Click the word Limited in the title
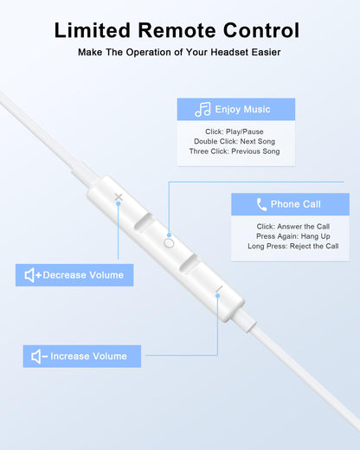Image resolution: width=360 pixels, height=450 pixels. [93, 30]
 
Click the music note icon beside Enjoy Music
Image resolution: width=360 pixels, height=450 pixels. [202, 110]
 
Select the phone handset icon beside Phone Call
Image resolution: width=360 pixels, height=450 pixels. [261, 204]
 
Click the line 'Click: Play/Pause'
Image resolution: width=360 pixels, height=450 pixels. [235, 132]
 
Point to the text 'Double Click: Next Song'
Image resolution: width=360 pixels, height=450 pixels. [235, 141]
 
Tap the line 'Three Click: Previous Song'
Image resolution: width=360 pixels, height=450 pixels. [235, 151]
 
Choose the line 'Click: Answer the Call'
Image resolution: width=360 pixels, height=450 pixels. [293, 227]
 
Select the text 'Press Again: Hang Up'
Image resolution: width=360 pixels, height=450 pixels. [293, 236]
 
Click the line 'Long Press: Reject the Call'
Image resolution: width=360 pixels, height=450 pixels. [293, 246]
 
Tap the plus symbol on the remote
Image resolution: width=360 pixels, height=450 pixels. [119, 197]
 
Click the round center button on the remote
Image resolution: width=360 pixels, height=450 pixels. [169, 243]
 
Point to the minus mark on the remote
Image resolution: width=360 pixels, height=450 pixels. [219, 289]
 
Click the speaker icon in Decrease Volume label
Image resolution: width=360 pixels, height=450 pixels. [29, 275]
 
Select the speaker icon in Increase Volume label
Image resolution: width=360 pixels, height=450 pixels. [36, 357]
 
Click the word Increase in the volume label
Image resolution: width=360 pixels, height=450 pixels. [69, 357]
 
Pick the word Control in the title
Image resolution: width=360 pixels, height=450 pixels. [261, 30]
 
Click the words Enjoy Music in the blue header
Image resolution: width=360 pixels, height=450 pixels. [242, 109]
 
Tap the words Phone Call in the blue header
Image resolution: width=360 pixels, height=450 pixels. [295, 204]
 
